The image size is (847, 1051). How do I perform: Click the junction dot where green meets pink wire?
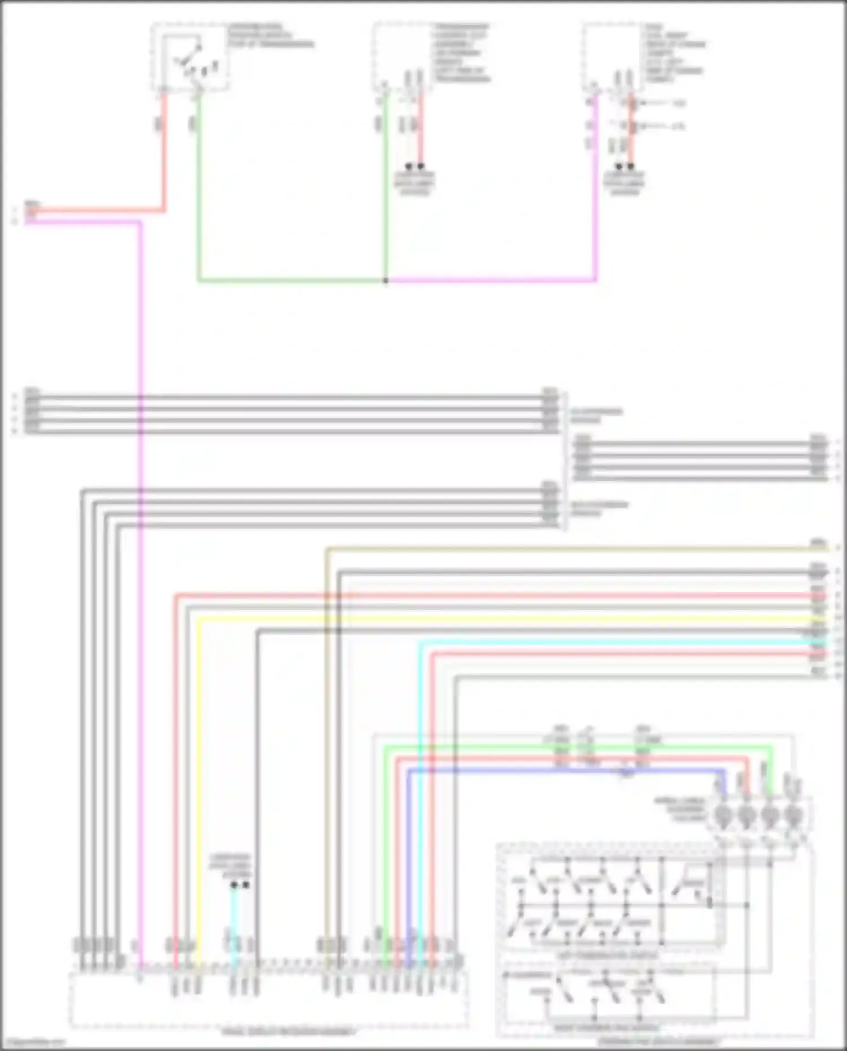pyautogui.click(x=386, y=280)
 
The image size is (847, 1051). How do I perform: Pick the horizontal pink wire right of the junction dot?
pyautogui.click(x=491, y=280)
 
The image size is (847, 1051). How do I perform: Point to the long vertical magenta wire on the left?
pyautogui.click(x=140, y=621)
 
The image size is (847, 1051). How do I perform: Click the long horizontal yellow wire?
pyautogui.click(x=508, y=620)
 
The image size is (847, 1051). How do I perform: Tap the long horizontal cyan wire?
pyautogui.click(x=621, y=643)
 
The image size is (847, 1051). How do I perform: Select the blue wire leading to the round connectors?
pyautogui.click(x=565, y=770)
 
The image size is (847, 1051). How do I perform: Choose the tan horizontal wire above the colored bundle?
pyautogui.click(x=565, y=548)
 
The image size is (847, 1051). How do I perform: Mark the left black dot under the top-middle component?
pyautogui.click(x=409, y=167)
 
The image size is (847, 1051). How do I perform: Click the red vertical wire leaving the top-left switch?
pyautogui.click(x=165, y=152)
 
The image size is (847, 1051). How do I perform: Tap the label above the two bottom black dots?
pyautogui.click(x=229, y=866)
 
